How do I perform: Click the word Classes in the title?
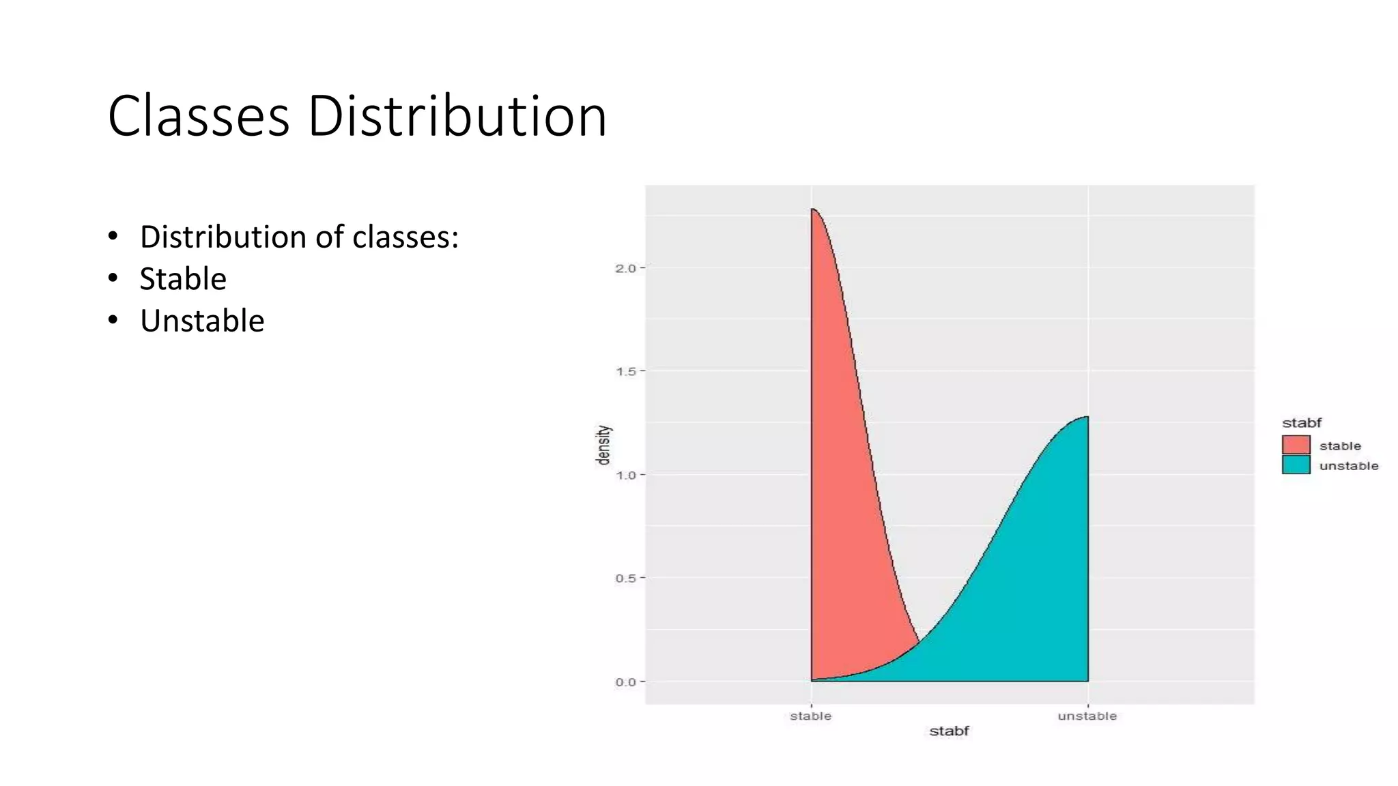[199, 116]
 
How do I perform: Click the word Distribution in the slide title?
[457, 116]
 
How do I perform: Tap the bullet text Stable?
[183, 279]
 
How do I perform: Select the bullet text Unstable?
[202, 321]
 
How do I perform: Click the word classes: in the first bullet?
[405, 237]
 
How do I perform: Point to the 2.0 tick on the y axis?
[625, 268]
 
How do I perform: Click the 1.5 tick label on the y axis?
[625, 372]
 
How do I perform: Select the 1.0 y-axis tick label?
[625, 475]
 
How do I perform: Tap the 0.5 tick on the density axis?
[625, 579]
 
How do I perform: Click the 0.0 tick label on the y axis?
[625, 682]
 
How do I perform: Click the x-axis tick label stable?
[811, 716]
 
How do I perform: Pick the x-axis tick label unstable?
[1087, 716]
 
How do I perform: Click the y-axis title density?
[603, 445]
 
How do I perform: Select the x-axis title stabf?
[949, 731]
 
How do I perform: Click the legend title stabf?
[1302, 422]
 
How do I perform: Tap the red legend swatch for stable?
[1296, 445]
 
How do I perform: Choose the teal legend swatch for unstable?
[1296, 465]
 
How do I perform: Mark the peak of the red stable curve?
[812, 209]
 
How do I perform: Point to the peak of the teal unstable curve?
[1087, 416]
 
